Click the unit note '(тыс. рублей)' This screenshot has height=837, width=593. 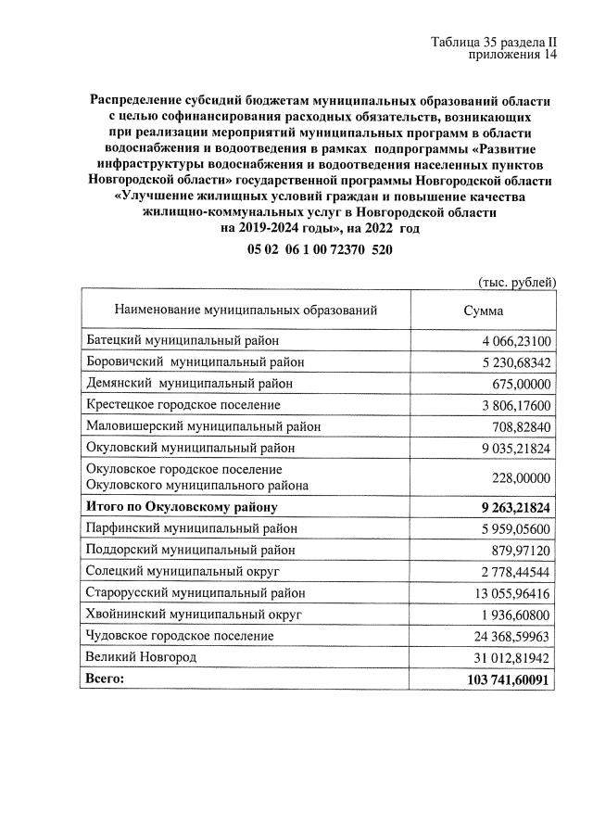coord(516,282)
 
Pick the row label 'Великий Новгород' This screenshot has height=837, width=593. coord(141,656)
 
